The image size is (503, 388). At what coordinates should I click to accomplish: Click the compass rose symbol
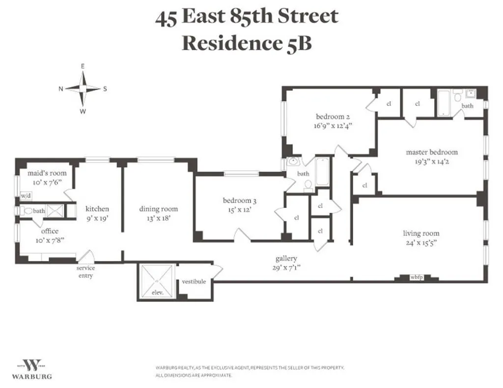click(x=83, y=88)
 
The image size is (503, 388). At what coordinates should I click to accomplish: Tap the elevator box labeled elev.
click(x=157, y=283)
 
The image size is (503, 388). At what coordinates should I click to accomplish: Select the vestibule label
click(x=194, y=282)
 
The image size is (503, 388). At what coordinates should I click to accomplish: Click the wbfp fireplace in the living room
click(x=416, y=278)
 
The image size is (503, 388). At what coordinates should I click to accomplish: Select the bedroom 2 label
click(x=333, y=117)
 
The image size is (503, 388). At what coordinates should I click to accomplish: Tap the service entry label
click(x=85, y=272)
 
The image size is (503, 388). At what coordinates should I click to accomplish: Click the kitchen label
click(x=97, y=208)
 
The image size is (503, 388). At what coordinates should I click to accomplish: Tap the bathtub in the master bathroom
click(x=444, y=103)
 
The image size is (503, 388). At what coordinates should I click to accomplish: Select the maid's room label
click(x=47, y=173)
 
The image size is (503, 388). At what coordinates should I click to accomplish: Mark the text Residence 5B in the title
click(x=247, y=43)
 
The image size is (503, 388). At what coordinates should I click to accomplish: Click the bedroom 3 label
click(x=240, y=200)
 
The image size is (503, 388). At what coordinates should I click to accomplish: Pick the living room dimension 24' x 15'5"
click(x=421, y=242)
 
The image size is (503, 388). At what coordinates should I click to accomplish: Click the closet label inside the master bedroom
click(x=364, y=185)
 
